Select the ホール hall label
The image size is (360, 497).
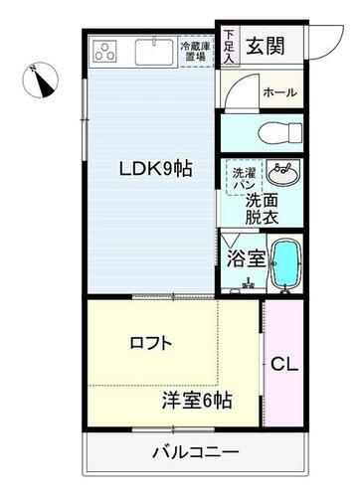pos(279,91)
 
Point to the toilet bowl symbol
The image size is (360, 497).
pos(270,131)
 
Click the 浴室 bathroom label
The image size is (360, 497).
pos(244,258)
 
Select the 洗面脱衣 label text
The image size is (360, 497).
pos(266,206)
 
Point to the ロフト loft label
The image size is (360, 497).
pos(151,343)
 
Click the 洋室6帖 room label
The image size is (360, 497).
pos(198,402)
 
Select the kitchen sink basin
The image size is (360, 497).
pos(152,50)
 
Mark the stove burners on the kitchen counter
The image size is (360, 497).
pos(106,50)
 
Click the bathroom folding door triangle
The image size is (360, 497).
pos(230,241)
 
